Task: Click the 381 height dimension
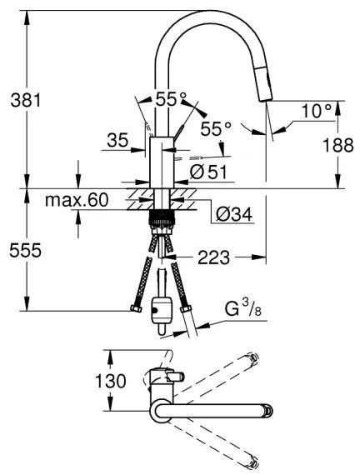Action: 26,100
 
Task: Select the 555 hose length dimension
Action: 26,251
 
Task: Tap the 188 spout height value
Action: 337,145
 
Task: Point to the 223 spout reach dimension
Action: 214,257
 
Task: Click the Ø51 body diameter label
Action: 208,172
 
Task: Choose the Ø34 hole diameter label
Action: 234,214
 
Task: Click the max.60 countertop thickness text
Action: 77,200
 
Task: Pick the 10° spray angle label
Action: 317,111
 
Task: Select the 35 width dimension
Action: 117,141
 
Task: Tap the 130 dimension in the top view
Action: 111,381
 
